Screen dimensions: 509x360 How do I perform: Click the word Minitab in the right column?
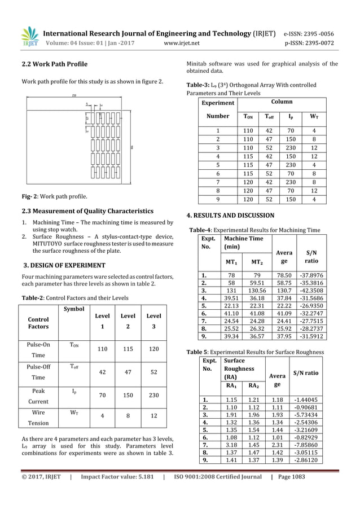[x=198, y=63]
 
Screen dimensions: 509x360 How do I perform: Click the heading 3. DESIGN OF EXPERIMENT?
[x=63, y=265]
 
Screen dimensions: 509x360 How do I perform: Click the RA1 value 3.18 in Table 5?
[x=231, y=445]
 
